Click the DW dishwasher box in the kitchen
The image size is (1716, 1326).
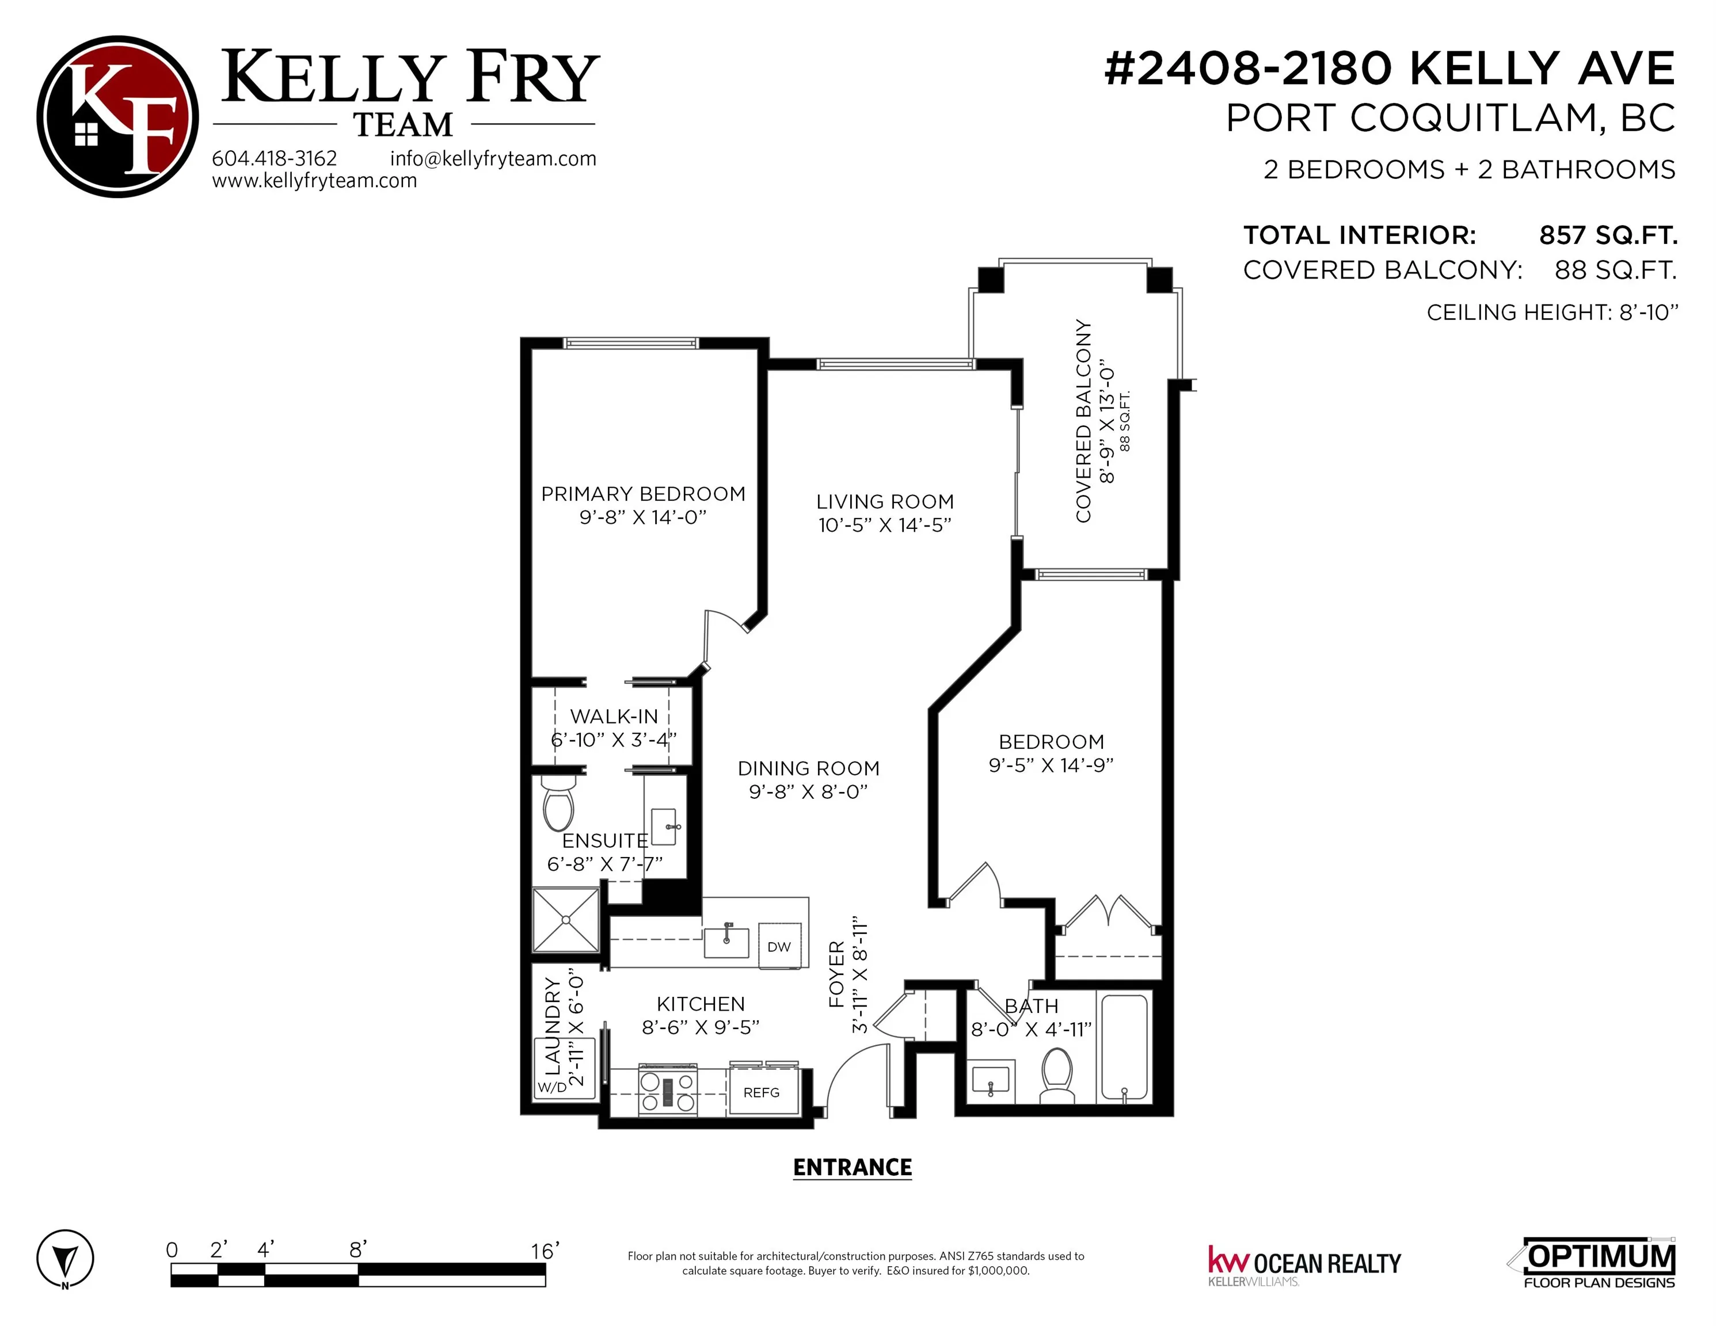[779, 947]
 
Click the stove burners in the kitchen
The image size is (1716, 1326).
[667, 1092]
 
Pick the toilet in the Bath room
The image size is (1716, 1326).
[1057, 1074]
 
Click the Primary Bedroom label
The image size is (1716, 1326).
[643, 494]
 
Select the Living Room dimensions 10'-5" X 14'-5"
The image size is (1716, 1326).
[885, 525]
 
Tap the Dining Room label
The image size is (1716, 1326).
[809, 768]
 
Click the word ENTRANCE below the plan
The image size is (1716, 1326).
[853, 1167]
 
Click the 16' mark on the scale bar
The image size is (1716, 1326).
[545, 1251]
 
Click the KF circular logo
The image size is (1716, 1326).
[118, 116]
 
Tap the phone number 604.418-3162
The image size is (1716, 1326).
[274, 158]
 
